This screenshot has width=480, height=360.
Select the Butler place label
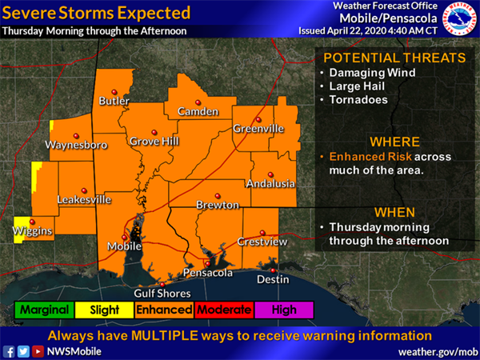114,102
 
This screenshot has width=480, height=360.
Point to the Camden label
192,111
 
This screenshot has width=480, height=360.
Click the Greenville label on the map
258,129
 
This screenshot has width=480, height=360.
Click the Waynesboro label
77,146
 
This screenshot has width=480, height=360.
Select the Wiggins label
33,232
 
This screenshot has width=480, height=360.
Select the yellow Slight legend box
105,310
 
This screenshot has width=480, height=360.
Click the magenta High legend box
284,310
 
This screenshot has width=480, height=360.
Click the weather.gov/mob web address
435,351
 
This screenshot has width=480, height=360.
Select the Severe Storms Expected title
96,14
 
